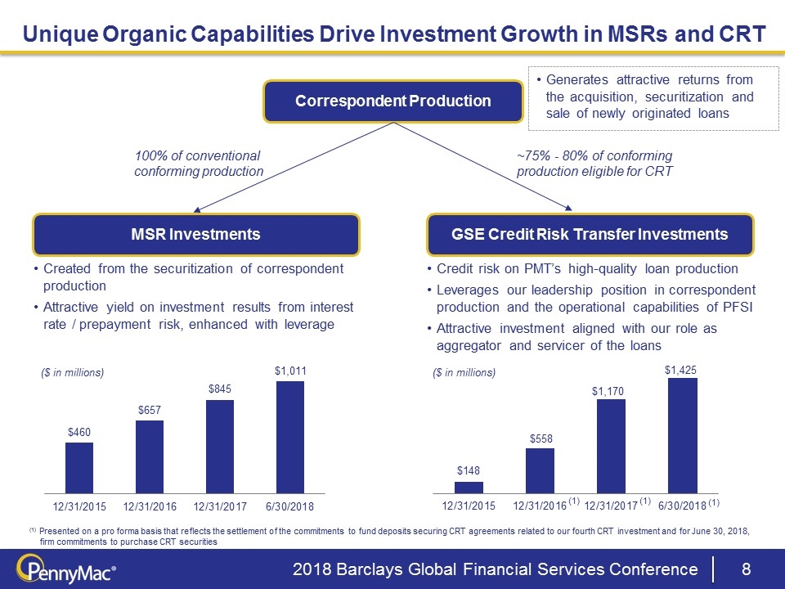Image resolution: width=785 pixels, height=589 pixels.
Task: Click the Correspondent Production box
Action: (x=392, y=101)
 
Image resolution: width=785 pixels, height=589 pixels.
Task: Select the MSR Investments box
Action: (x=196, y=235)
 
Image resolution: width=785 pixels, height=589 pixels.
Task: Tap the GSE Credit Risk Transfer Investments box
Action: (x=590, y=235)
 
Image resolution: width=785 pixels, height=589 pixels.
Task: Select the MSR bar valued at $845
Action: (x=220, y=446)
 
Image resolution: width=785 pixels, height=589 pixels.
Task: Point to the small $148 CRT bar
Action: (x=469, y=487)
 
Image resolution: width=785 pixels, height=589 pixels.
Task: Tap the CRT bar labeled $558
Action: (x=540, y=470)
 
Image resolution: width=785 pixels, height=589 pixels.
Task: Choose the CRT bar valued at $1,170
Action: (x=611, y=446)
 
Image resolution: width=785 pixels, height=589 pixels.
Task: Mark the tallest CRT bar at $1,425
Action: (x=682, y=435)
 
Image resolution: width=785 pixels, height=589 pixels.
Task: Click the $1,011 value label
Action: (x=290, y=371)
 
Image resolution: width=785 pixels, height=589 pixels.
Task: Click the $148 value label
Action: (x=469, y=470)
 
